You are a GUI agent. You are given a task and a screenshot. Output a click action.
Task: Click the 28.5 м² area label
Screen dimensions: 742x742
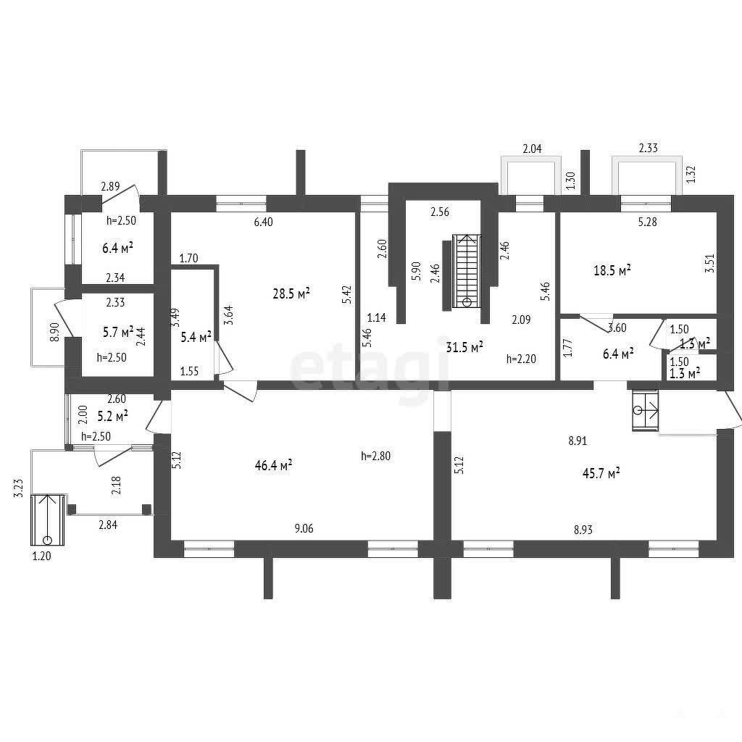tap(291, 293)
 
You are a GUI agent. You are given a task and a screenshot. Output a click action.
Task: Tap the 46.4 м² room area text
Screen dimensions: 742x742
tap(273, 465)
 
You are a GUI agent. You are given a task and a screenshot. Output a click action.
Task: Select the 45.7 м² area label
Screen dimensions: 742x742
tap(601, 472)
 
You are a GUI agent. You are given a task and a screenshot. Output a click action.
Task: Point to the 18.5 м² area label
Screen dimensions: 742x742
tap(612, 270)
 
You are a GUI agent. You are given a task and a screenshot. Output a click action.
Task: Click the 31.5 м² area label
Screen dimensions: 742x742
tap(464, 347)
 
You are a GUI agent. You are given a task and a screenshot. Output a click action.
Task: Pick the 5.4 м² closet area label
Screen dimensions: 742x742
tap(196, 338)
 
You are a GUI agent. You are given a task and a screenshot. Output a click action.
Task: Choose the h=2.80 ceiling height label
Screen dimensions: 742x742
tap(376, 457)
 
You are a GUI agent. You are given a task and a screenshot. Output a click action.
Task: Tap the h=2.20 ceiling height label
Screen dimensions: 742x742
tap(522, 359)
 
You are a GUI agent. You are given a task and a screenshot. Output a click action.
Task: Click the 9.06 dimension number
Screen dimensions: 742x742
tap(304, 528)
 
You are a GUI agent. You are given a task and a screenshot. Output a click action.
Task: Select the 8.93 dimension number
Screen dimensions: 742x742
tap(583, 530)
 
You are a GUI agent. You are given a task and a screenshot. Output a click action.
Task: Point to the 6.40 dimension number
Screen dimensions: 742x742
tap(263, 222)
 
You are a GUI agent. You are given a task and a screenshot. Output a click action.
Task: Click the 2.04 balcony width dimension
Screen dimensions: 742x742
tap(532, 149)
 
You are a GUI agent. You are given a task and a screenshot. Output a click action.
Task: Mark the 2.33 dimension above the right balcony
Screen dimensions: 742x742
tap(648, 148)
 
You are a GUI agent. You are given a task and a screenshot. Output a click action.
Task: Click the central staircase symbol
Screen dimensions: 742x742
tap(467, 272)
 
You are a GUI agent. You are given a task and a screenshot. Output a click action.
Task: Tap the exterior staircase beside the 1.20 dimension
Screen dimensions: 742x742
tap(47, 520)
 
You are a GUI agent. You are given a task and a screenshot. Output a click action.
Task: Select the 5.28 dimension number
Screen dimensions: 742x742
tap(647, 222)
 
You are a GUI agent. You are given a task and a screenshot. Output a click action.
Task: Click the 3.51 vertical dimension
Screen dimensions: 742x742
tap(710, 263)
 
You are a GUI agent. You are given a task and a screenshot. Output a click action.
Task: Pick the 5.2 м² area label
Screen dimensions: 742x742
tap(112, 417)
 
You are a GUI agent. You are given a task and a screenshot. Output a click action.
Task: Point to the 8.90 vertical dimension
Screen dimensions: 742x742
tap(54, 332)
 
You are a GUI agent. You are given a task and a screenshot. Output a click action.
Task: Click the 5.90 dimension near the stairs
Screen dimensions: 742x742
tap(416, 272)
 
